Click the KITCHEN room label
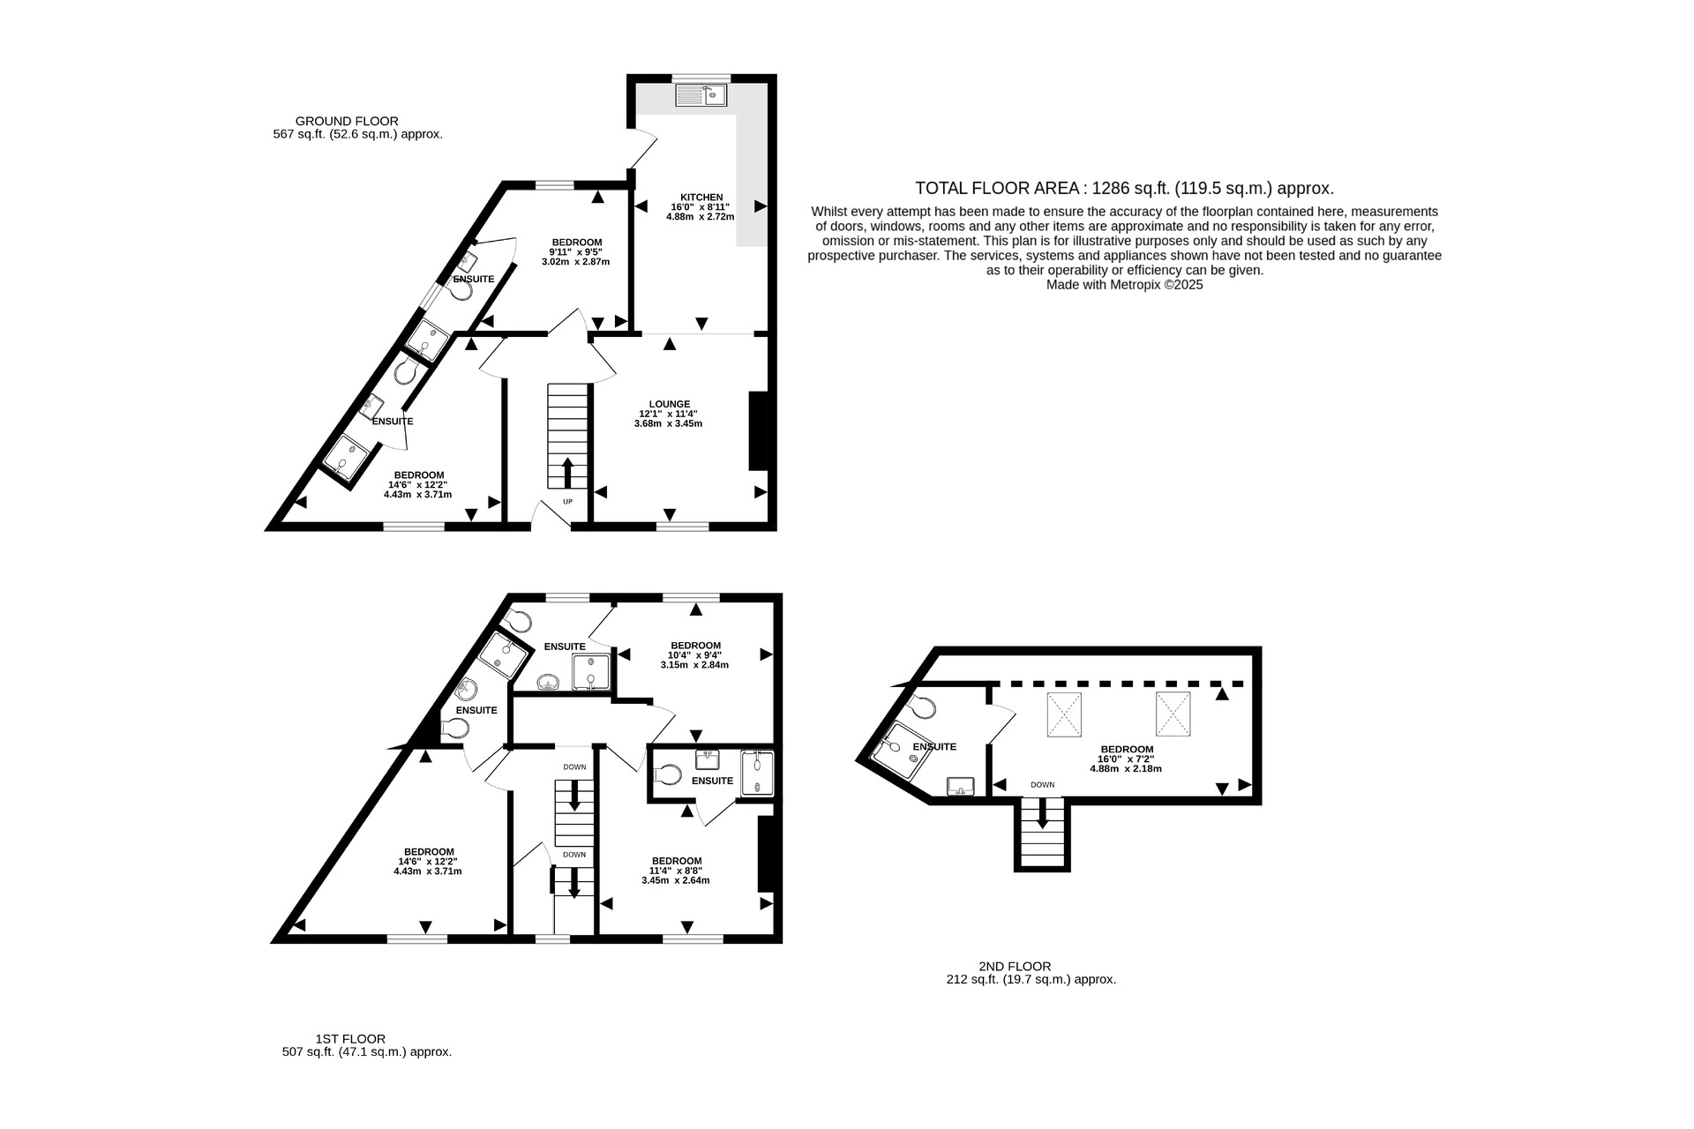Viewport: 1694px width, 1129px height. tap(701, 197)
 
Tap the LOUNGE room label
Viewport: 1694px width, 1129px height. tap(669, 404)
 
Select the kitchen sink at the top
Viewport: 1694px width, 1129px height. tap(701, 93)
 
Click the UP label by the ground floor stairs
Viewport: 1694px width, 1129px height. tap(567, 502)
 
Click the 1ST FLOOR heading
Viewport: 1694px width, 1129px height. tap(350, 1039)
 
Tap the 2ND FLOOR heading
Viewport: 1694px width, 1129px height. tap(1015, 966)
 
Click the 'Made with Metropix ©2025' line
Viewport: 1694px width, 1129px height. tap(1124, 285)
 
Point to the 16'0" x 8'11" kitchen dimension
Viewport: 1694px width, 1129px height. tap(701, 206)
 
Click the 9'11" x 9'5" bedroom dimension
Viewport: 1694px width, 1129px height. tap(576, 252)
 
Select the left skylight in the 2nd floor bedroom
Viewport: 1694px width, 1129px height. tap(1064, 714)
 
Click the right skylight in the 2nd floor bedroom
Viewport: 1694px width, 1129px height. tap(1173, 714)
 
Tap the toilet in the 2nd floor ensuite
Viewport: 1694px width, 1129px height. tap(923, 707)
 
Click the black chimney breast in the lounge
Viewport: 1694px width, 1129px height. tap(758, 431)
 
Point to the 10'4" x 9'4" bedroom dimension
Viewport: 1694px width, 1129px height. tap(694, 655)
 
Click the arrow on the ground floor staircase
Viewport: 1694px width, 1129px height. tap(567, 473)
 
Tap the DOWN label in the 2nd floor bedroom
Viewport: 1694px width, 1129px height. tap(1042, 785)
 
